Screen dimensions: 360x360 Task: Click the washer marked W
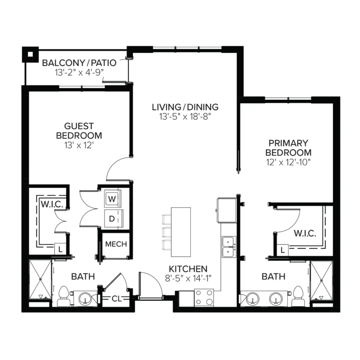(112, 199)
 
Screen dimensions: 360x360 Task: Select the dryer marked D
(113, 218)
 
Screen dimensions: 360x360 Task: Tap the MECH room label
(116, 244)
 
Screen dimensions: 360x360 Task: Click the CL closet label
(116, 299)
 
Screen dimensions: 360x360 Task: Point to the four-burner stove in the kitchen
(204, 298)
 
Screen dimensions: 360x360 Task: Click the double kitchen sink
(229, 247)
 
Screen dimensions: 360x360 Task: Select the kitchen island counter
(181, 232)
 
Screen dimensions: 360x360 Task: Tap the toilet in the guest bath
(63, 296)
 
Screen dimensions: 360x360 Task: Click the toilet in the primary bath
(298, 296)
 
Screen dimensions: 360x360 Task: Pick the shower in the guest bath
(40, 279)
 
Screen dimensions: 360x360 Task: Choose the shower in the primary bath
(321, 280)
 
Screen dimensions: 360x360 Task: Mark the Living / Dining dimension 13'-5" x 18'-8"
(185, 117)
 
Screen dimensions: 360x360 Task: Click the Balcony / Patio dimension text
(79, 73)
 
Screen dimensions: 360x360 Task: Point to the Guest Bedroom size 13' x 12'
(79, 145)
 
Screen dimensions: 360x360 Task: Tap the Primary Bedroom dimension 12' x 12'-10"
(288, 162)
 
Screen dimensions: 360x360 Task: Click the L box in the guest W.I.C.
(60, 249)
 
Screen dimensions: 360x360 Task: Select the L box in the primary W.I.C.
(283, 250)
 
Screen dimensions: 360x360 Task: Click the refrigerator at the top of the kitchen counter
(227, 210)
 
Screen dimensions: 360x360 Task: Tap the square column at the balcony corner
(30, 54)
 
